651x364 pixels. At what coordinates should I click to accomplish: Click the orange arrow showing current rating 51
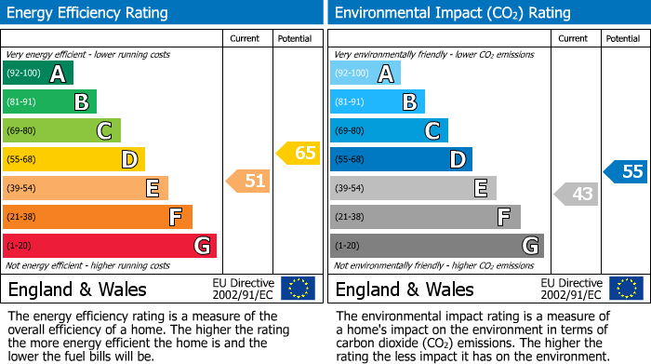248,181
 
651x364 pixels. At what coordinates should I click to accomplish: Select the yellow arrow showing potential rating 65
298,153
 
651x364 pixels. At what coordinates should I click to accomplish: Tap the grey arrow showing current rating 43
576,194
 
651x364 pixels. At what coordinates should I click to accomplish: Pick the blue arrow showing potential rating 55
625,171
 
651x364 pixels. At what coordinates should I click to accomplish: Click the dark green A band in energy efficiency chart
37,74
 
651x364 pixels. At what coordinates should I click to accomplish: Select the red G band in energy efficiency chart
110,246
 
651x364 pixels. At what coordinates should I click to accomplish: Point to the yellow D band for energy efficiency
73,160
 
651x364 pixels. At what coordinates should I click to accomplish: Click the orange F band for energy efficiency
98,217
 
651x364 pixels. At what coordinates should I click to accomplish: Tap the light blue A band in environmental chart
365,74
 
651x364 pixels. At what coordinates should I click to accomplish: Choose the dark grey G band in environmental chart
436,246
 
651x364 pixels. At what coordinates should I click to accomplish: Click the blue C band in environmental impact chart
389,131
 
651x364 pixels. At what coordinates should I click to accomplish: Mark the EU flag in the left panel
298,289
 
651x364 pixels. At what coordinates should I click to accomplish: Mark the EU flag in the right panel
625,289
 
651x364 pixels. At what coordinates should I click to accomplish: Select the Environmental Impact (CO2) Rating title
452,13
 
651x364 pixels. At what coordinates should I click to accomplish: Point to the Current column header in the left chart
245,38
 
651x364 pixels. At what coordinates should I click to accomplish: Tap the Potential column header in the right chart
622,38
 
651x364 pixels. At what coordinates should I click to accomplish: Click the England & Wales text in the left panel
77,290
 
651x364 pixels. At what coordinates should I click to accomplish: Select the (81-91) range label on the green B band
21,102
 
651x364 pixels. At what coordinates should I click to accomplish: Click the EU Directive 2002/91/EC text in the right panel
570,289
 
